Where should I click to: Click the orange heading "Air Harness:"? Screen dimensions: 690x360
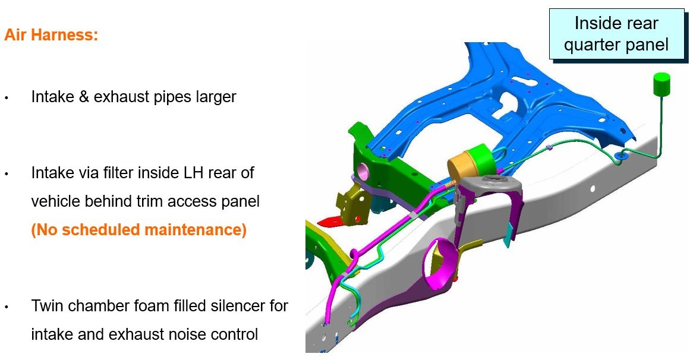[51, 35]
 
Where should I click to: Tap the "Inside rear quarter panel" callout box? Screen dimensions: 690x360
[616, 34]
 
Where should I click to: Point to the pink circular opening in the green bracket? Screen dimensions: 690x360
[364, 170]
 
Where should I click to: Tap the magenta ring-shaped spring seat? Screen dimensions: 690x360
[437, 262]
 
